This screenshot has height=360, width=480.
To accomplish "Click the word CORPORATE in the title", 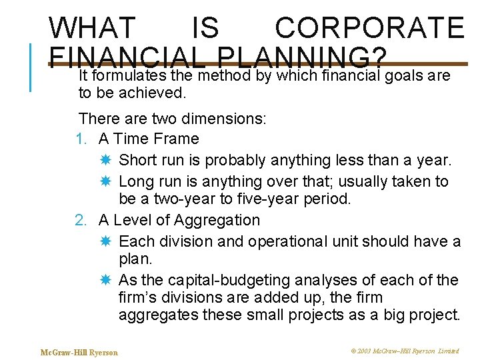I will point(369,28).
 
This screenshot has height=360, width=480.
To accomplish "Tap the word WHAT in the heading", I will point(92,28).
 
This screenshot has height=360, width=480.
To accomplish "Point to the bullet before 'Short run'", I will point(105,161).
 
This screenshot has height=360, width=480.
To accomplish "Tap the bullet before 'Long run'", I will point(105,182).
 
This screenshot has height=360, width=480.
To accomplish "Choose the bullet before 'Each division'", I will point(105,241).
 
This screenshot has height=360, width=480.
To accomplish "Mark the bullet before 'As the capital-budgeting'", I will point(105,281).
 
